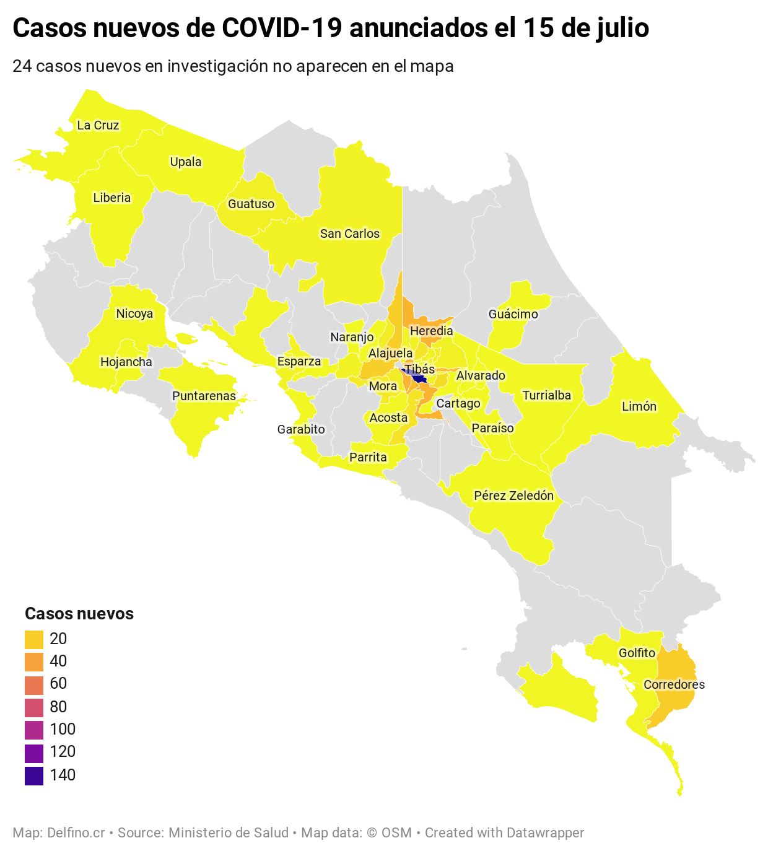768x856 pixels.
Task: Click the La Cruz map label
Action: [x=98, y=125]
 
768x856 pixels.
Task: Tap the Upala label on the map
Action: [x=186, y=162]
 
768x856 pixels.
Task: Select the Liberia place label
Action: [x=112, y=198]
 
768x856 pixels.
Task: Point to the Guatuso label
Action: [x=251, y=204]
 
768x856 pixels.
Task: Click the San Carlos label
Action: [x=349, y=234]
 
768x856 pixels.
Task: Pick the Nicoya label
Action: [x=134, y=313]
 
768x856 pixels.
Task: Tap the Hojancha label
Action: [x=126, y=362]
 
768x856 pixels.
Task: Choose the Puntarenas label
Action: [x=204, y=396]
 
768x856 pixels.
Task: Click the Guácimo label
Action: [x=513, y=314]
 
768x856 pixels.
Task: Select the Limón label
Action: [x=639, y=406]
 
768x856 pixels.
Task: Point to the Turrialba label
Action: [x=546, y=395]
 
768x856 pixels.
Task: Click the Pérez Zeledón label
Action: [x=513, y=496]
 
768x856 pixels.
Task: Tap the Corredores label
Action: [x=674, y=684]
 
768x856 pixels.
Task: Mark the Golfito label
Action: [x=637, y=653]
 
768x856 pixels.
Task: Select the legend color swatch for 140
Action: [x=34, y=775]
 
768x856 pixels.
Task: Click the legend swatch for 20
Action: [x=34, y=639]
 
